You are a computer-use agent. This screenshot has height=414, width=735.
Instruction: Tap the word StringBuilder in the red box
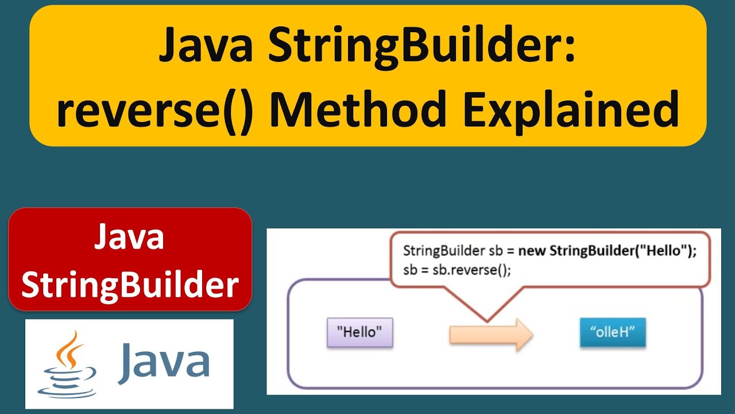[x=130, y=285]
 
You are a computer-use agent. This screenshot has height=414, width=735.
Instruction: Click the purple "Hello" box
[x=359, y=332]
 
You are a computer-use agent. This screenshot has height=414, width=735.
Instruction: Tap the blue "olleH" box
[x=613, y=332]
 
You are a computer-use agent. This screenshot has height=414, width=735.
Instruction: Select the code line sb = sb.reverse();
[x=457, y=270]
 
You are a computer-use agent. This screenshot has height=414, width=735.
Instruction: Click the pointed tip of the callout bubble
[x=487, y=320]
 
